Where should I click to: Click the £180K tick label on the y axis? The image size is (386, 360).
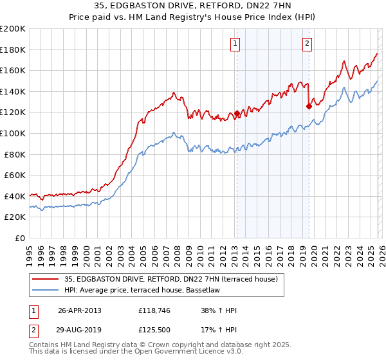[13, 50]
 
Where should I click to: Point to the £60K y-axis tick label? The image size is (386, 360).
[15, 175]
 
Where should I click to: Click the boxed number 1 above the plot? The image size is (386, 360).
[235, 44]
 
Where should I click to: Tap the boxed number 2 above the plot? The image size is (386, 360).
[308, 44]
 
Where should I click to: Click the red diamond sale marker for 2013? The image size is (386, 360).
[237, 114]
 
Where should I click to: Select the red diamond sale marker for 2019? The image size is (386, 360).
[309, 107]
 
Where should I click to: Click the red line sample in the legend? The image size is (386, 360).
[46, 279]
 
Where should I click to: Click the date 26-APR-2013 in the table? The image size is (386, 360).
[80, 310]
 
